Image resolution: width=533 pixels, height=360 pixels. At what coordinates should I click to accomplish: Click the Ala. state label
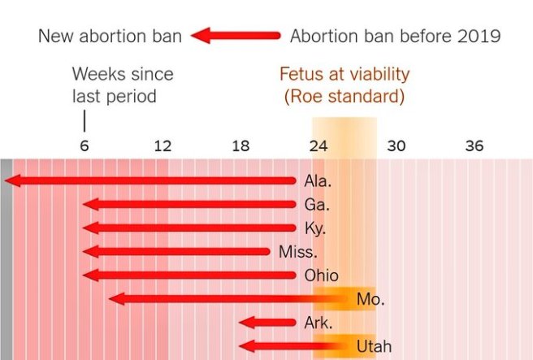coord(318,180)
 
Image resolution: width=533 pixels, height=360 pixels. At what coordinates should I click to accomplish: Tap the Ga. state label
coord(317,205)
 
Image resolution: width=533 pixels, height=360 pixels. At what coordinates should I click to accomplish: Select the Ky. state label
coord(315,228)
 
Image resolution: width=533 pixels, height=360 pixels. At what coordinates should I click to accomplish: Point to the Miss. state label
coord(297,252)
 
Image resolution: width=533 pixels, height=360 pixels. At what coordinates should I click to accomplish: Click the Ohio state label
coord(321,275)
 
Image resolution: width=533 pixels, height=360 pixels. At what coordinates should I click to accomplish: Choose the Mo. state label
coord(370,299)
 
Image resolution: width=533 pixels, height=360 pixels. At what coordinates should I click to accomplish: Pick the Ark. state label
coord(318,323)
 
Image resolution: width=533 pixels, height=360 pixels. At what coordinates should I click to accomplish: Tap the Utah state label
coord(374,347)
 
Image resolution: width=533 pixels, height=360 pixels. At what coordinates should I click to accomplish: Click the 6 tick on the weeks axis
coord(84,146)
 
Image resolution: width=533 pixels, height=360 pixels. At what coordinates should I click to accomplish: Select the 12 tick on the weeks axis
coord(162,146)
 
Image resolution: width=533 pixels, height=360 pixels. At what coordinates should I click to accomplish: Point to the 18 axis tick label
coord(240,146)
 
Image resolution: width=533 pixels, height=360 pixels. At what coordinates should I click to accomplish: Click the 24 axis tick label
coord(318,146)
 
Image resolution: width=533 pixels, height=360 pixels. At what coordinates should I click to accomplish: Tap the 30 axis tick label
coord(396,146)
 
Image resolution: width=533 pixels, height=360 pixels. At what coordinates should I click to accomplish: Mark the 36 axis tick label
coord(474,146)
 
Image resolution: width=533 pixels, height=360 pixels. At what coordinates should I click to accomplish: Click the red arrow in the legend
coord(236,36)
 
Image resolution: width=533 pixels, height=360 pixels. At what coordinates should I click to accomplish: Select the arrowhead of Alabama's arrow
coord(11,180)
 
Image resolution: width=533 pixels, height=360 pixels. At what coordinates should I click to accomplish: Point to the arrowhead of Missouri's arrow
coord(115,299)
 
